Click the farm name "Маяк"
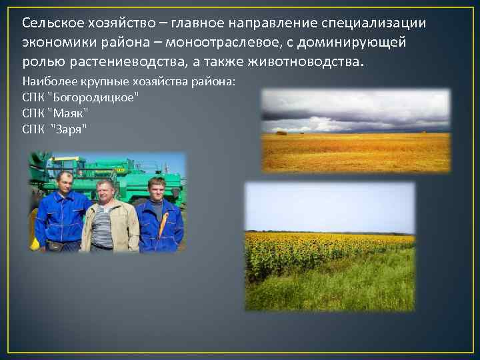point(67,113)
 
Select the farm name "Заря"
point(69,128)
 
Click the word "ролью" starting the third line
point(39,61)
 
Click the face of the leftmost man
point(64,182)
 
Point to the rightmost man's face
point(156,188)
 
